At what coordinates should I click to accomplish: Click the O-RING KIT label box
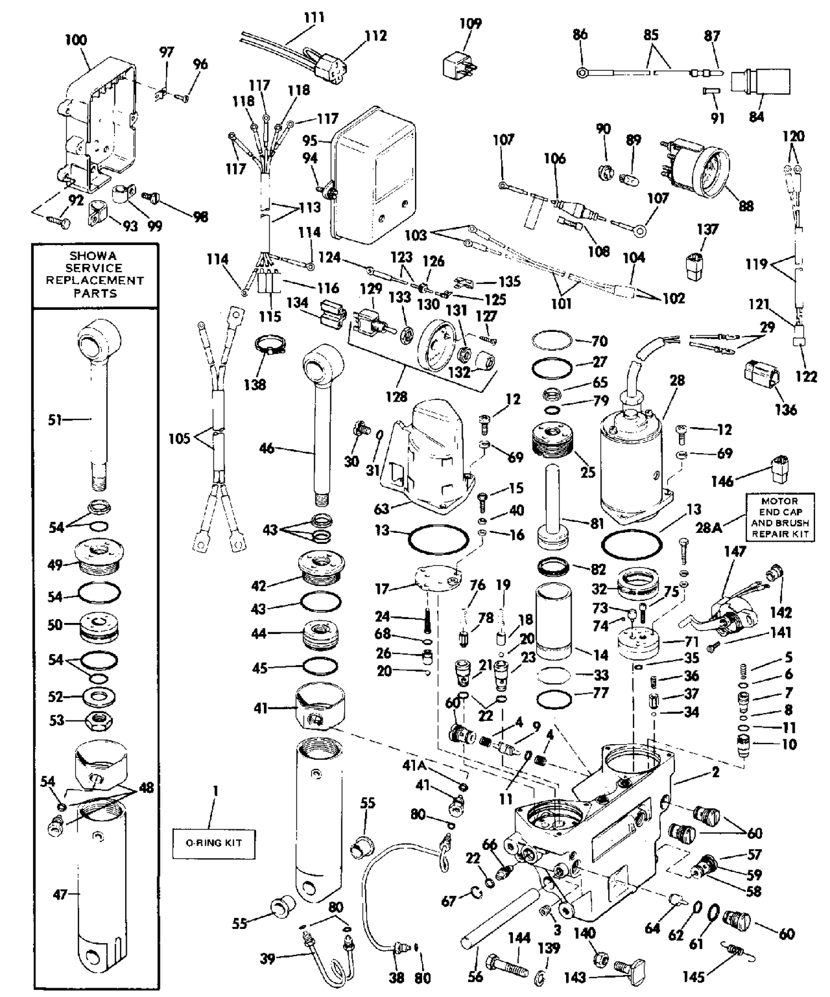[214, 843]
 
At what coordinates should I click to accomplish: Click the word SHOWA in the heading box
[93, 256]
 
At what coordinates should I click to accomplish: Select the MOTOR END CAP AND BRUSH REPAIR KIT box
[780, 517]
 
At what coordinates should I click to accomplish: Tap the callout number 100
[76, 40]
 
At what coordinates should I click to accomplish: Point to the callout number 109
[470, 23]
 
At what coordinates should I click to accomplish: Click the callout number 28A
[709, 527]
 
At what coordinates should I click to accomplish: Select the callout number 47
[60, 894]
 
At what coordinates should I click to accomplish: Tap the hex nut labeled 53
[98, 720]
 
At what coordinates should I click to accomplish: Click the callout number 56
[475, 977]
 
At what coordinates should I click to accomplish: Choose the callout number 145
[693, 977]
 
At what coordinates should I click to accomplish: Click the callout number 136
[786, 409]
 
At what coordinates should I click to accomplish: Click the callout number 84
[756, 116]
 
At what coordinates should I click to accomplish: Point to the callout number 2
[715, 772]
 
